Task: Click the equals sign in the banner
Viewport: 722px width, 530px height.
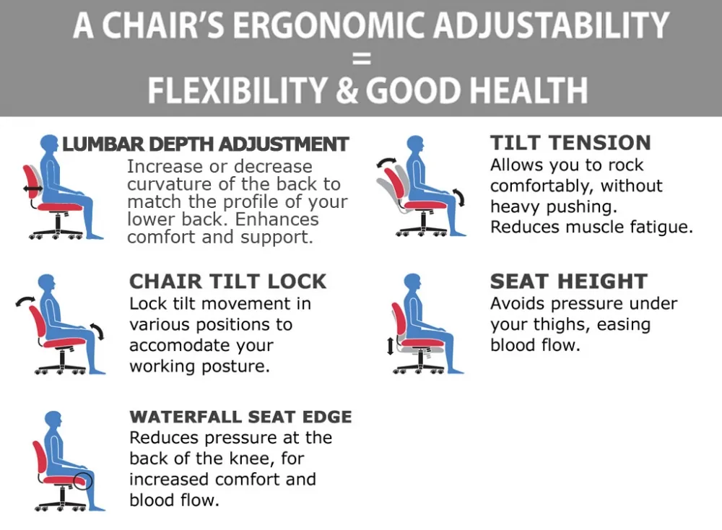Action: tap(362, 58)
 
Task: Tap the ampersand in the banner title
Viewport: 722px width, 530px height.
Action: tap(347, 90)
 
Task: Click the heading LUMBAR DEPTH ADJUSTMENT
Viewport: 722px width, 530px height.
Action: tap(205, 144)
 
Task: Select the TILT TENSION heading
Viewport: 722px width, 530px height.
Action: tap(570, 143)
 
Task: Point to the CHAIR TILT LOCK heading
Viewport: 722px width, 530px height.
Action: tap(227, 282)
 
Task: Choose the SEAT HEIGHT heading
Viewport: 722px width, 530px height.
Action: tap(569, 282)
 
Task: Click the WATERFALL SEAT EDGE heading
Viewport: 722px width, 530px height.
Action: tap(240, 417)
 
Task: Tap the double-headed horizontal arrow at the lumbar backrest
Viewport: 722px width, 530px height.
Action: tap(32, 188)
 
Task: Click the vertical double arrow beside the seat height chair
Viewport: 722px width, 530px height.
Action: tap(390, 346)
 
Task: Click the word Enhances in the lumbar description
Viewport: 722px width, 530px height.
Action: tap(277, 220)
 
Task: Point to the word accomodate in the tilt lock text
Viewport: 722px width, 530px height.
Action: tap(201, 345)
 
